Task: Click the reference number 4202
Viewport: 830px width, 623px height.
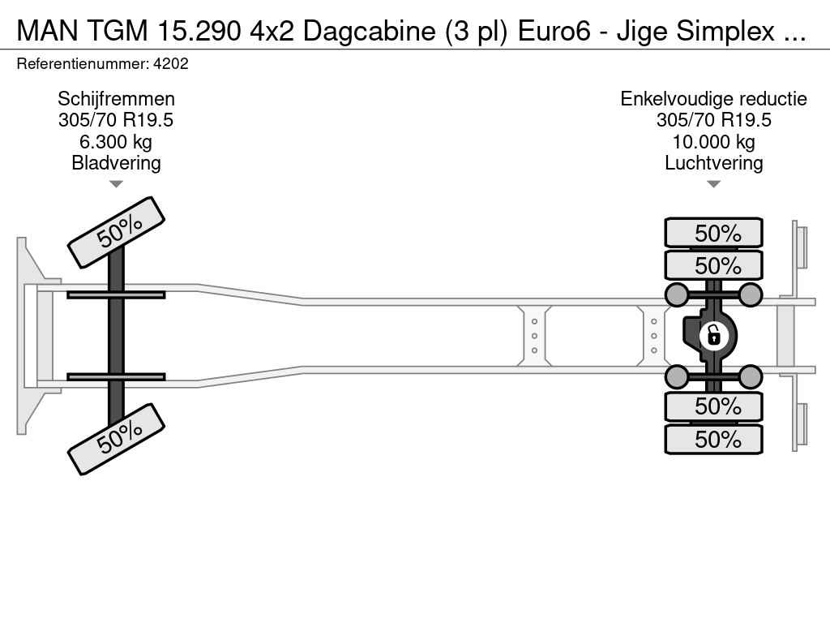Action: (170, 64)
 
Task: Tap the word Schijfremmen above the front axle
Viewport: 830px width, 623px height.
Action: (116, 99)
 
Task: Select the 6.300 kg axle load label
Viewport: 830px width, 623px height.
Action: (116, 142)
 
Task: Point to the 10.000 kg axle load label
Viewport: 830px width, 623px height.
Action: (713, 142)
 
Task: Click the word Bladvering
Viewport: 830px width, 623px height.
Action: (116, 163)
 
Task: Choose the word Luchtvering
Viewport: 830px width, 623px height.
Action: (713, 163)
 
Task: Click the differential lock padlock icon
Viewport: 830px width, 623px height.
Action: (713, 336)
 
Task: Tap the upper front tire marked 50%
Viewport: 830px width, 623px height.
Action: (117, 233)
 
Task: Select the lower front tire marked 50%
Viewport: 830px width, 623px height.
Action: (117, 439)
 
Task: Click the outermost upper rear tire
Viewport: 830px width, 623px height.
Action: (713, 233)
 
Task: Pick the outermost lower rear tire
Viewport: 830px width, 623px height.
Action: (713, 439)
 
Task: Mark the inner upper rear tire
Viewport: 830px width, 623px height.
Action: (713, 265)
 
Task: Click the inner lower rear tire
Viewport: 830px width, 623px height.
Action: (713, 406)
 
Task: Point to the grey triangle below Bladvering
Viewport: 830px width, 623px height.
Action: (116, 184)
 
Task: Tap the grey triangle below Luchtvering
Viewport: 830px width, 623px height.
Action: (713, 184)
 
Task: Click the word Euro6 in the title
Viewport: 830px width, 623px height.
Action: (554, 32)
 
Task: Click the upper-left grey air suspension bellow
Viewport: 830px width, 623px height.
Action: (677, 294)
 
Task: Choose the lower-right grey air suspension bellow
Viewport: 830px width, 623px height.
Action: (750, 377)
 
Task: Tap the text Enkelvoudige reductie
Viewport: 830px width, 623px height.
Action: (713, 99)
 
